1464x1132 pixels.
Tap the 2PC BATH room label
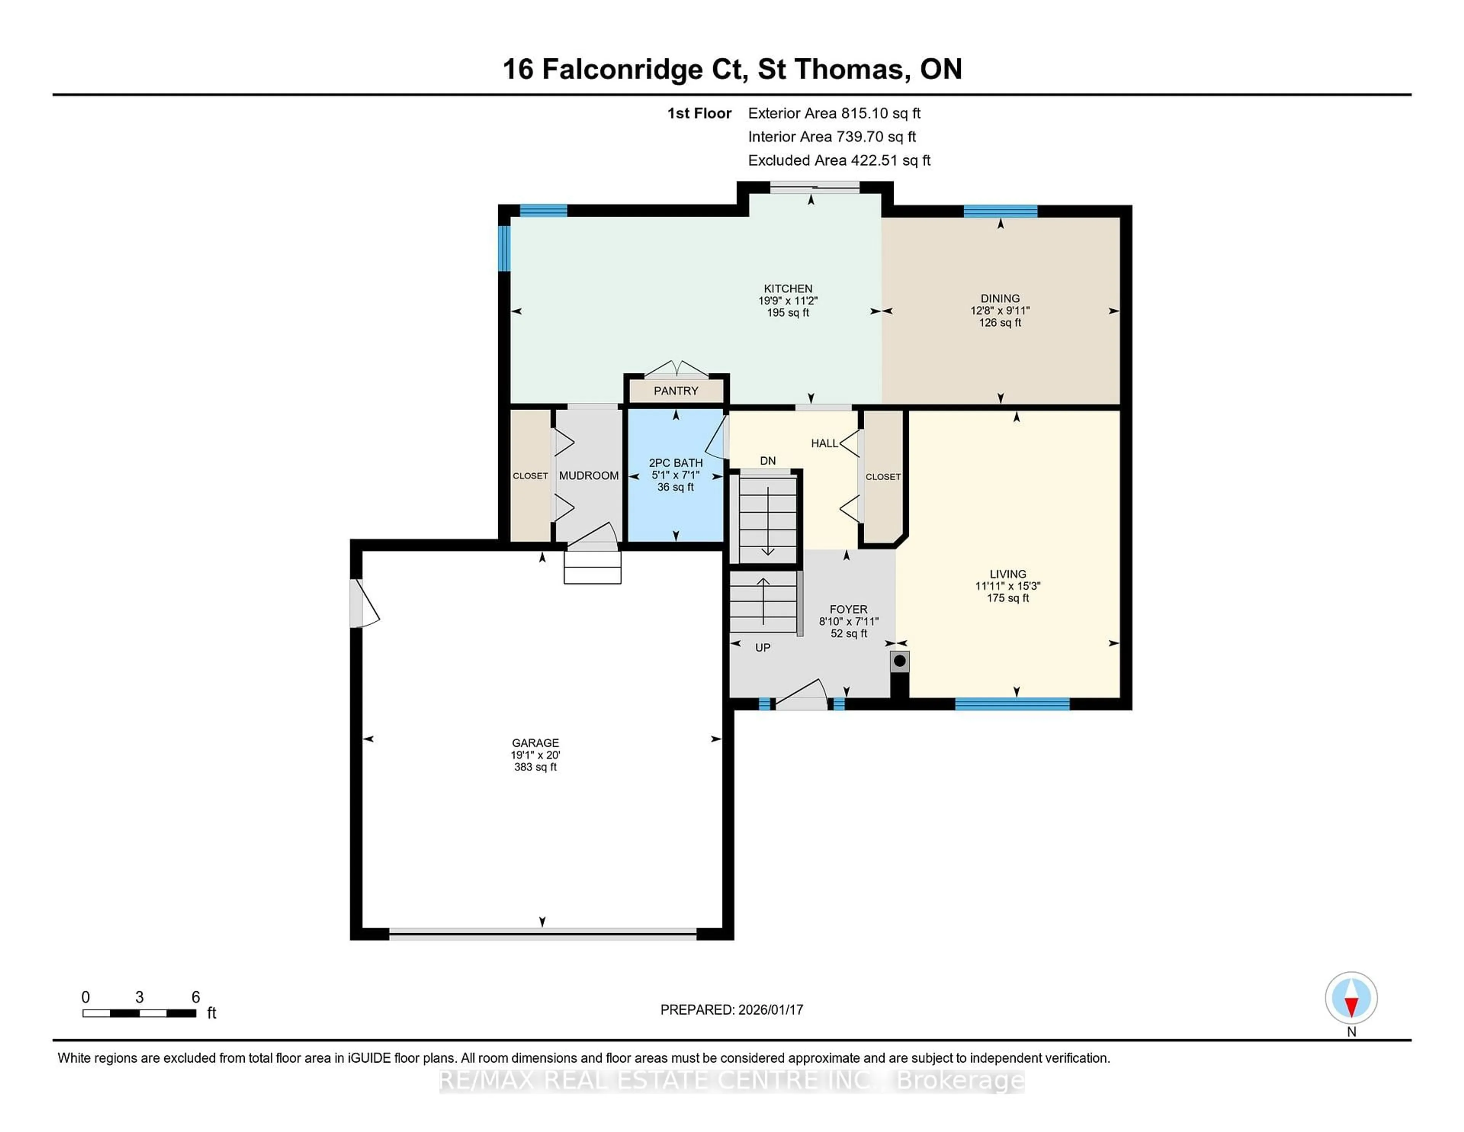point(676,463)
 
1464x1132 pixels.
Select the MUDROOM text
point(589,476)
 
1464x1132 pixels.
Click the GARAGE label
point(535,743)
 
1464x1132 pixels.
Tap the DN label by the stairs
point(767,461)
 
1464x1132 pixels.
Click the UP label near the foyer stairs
point(762,648)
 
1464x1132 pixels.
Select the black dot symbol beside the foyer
point(900,661)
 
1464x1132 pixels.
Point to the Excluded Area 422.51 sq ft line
point(839,160)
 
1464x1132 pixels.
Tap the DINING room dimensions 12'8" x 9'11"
point(1000,310)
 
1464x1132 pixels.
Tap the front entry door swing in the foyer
point(803,695)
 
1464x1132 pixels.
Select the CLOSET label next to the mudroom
point(530,476)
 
